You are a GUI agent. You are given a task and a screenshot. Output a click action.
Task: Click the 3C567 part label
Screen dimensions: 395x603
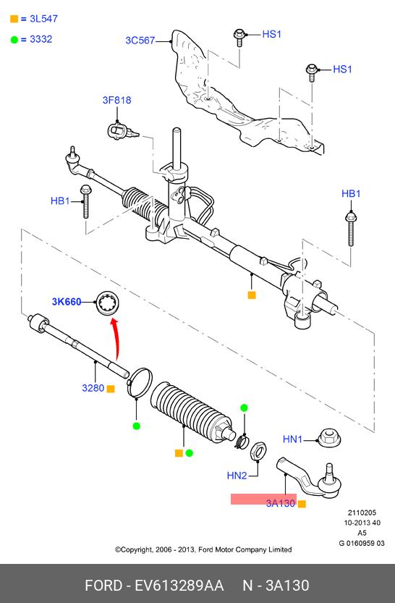[140, 41]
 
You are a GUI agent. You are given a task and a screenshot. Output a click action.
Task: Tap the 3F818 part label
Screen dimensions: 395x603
[116, 100]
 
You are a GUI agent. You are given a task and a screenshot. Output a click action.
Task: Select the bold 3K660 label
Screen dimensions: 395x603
[67, 302]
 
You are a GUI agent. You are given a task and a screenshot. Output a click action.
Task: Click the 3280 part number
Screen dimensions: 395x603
[93, 388]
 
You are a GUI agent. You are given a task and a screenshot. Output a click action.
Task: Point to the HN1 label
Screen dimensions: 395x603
[292, 439]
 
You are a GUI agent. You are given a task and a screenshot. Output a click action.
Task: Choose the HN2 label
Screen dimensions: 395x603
[237, 476]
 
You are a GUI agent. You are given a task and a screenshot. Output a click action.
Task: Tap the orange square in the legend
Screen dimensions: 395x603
[14, 19]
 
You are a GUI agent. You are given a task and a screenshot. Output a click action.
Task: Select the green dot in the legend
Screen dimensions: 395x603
[14, 40]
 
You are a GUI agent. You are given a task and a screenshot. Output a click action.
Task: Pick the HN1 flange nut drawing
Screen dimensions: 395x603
[329, 438]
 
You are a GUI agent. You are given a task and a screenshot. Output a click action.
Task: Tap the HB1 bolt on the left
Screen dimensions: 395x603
[85, 201]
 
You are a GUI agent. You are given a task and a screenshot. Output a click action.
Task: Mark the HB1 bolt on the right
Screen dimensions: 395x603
[350, 229]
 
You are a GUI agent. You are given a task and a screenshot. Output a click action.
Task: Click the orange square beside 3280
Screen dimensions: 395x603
[111, 389]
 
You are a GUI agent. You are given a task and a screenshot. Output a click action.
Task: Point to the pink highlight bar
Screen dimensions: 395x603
[263, 499]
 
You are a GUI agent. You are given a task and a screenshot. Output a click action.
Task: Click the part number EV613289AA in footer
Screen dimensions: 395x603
[179, 586]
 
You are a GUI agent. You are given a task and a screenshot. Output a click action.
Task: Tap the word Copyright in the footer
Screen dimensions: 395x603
[137, 549]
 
